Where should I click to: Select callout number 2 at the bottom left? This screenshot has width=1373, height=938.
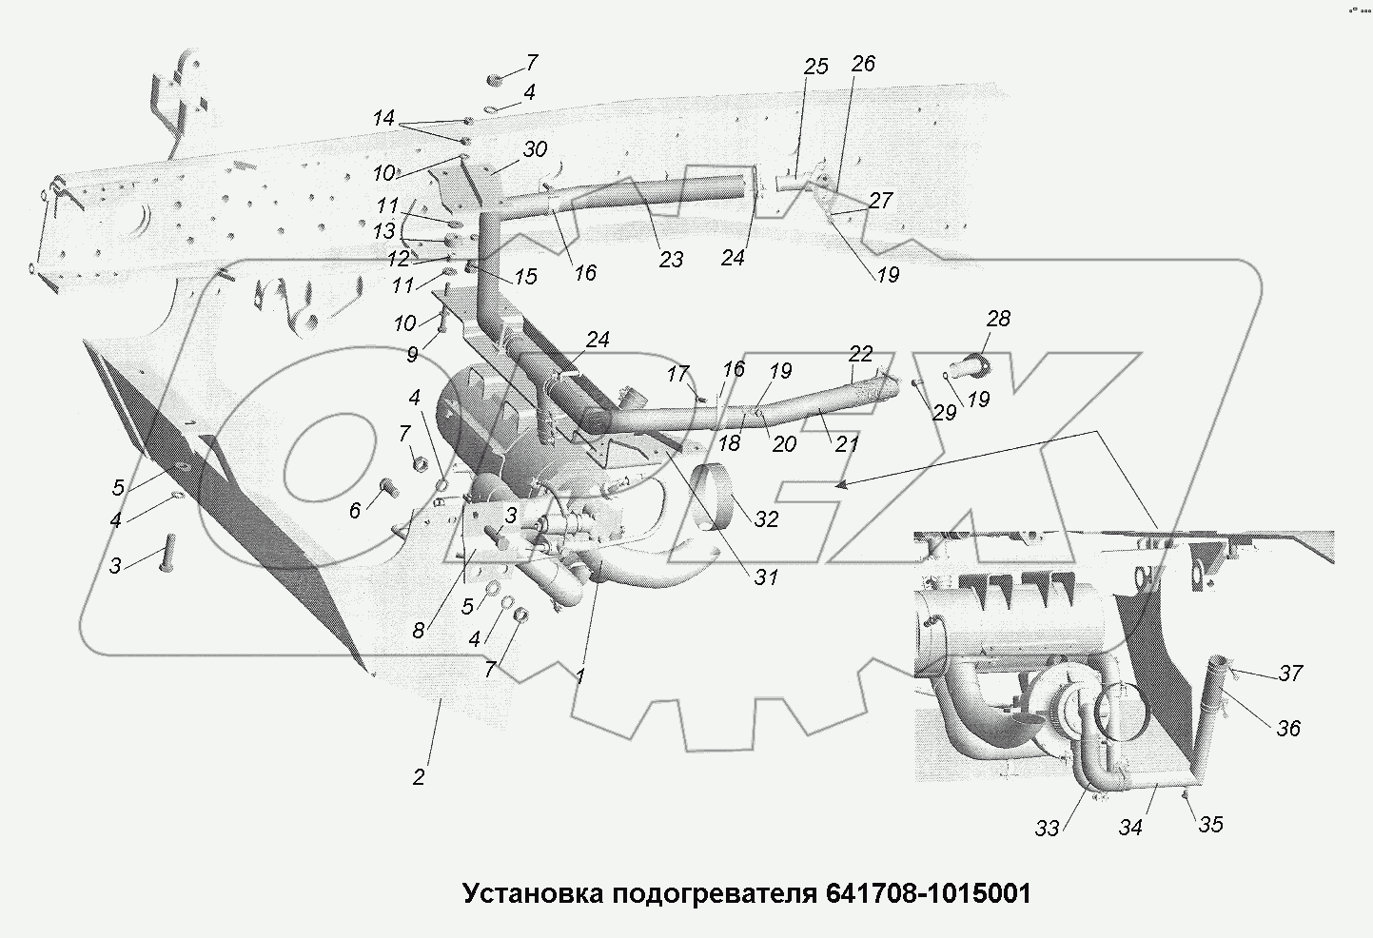[419, 776]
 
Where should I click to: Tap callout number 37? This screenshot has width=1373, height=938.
[1289, 674]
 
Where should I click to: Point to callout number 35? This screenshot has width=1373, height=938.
[1209, 824]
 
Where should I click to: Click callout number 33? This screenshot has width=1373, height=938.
[1047, 829]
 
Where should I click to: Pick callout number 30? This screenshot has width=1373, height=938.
[535, 149]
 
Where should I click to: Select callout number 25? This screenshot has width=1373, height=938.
[815, 66]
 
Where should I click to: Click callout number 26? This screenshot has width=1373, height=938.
[862, 64]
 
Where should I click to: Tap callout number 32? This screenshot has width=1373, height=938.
[766, 518]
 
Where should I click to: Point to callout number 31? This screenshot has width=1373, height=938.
[766, 576]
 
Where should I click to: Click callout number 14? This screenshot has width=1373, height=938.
[383, 119]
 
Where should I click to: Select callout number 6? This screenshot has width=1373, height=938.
[355, 511]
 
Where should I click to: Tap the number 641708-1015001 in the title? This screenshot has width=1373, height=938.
[922, 894]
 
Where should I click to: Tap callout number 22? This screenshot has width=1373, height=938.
[860, 354]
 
